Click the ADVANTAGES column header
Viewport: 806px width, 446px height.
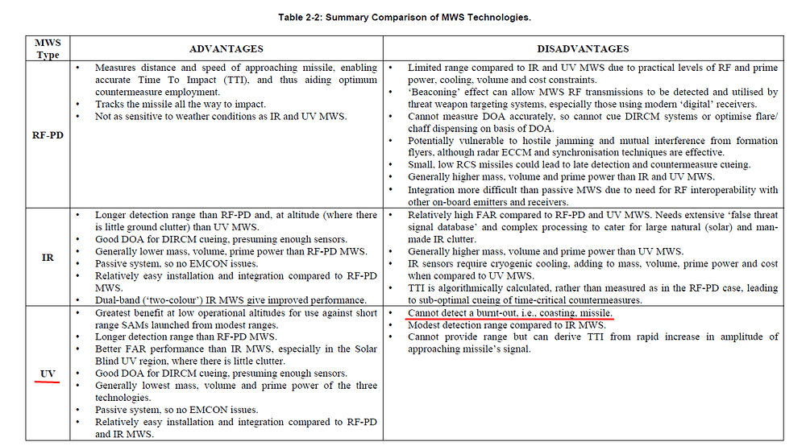[226, 48]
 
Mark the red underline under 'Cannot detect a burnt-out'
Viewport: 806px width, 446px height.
[510, 319]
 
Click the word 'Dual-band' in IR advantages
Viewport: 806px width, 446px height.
[117, 299]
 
